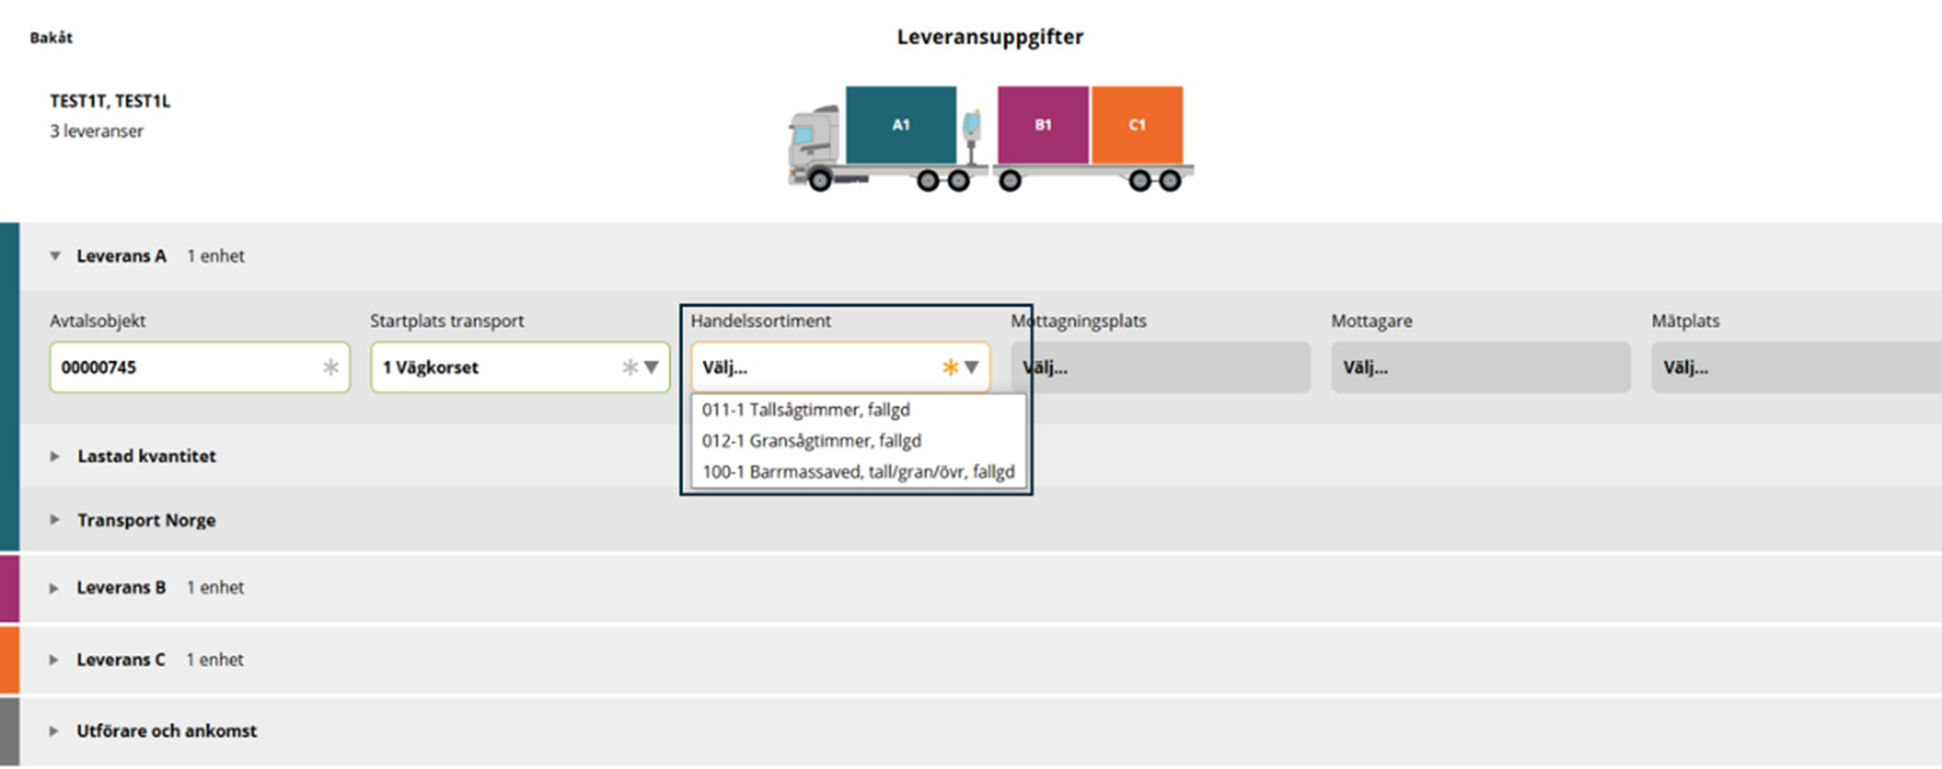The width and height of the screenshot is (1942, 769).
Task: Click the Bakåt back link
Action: [51, 38]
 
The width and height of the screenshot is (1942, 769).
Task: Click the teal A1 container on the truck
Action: [900, 125]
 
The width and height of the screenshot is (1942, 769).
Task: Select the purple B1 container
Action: [1043, 125]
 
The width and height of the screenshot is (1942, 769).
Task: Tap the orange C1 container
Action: [1137, 125]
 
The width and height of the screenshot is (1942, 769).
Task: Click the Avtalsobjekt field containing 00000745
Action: [199, 368]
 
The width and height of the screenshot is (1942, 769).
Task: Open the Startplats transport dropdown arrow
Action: [651, 368]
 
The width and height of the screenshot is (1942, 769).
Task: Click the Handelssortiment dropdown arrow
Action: [972, 368]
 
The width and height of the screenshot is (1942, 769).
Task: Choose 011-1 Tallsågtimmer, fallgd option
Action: [806, 409]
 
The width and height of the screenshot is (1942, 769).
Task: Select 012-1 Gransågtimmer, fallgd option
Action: [812, 441]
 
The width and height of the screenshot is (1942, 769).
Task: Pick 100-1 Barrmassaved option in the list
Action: [858, 471]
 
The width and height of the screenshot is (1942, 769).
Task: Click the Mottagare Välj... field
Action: [1481, 368]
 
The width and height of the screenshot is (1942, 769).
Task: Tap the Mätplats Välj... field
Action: [1797, 368]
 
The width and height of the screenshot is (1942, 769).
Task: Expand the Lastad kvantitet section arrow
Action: [55, 456]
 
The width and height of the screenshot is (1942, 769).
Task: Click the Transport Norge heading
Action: [146, 520]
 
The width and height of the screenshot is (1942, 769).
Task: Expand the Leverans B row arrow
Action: [54, 588]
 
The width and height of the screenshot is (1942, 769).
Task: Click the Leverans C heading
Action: [121, 660]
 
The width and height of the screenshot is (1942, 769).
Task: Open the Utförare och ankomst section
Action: [166, 731]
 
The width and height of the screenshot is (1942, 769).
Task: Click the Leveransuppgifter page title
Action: [990, 37]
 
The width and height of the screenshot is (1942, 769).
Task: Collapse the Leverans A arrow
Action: [55, 256]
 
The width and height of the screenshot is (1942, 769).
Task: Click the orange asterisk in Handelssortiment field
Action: [950, 368]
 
